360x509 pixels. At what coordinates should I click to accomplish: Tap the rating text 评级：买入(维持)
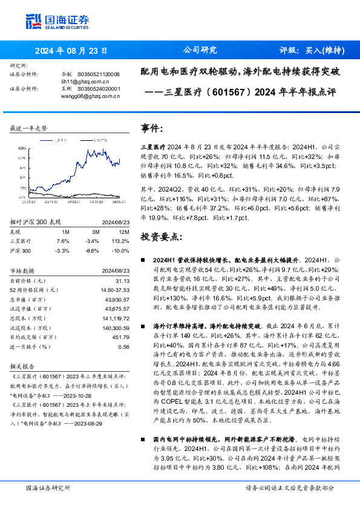coord(312,51)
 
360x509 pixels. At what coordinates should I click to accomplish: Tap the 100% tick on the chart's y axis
coord(22,147)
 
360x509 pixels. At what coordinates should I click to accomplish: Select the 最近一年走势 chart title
coord(29,129)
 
